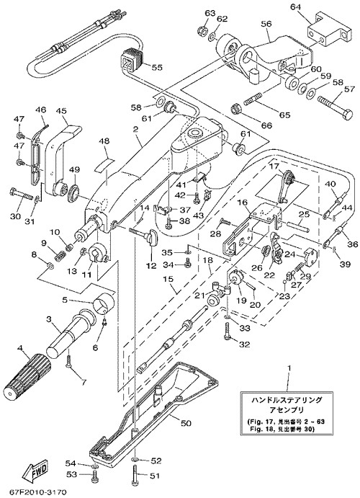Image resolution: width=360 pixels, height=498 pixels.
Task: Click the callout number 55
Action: click(x=157, y=67)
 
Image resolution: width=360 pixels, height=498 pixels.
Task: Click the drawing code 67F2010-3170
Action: click(x=34, y=493)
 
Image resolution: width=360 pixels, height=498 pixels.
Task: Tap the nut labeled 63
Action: click(x=202, y=32)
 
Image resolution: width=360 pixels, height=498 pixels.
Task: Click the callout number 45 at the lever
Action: click(x=61, y=111)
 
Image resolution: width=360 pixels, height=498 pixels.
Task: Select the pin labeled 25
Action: click(x=297, y=228)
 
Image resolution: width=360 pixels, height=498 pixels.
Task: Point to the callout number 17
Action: click(x=274, y=166)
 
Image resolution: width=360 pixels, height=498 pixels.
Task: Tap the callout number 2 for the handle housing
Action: click(x=136, y=130)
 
